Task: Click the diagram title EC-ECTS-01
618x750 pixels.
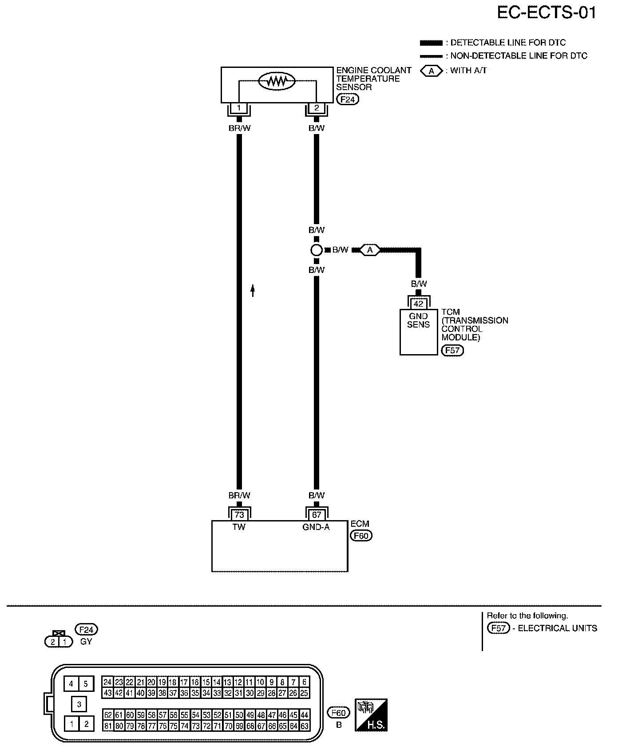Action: (546, 13)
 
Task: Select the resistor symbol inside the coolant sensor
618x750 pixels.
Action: (277, 81)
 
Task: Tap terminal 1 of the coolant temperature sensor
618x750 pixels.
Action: (239, 108)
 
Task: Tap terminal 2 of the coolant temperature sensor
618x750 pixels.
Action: (317, 108)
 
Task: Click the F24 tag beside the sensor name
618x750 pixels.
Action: (347, 99)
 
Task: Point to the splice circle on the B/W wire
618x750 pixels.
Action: (316, 250)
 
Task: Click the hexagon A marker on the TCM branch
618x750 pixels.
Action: (370, 250)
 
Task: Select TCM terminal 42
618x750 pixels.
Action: (418, 304)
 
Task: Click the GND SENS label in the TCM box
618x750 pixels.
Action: (418, 320)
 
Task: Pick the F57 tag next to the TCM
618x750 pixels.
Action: (452, 350)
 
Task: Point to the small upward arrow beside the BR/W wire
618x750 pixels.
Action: (253, 290)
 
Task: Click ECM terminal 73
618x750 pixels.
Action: (239, 515)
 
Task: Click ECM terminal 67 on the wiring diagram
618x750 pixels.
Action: (317, 515)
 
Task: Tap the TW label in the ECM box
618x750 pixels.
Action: (239, 527)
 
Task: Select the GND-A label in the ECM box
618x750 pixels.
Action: (316, 527)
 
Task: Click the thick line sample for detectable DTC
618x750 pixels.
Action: (431, 43)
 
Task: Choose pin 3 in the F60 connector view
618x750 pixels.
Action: (79, 704)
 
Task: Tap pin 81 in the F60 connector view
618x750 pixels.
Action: (108, 726)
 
